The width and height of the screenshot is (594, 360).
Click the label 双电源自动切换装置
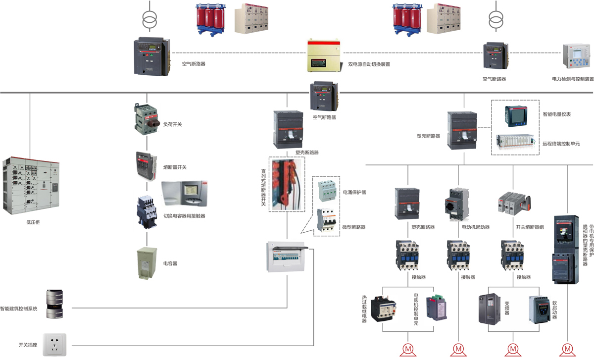pos(369,64)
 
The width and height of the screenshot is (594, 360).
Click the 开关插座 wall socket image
pos(54,344)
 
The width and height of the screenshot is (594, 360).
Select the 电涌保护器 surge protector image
pos(326,191)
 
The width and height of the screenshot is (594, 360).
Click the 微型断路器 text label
pos(354,227)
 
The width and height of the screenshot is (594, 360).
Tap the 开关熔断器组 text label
pos(530,227)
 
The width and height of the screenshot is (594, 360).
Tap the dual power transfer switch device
pos(324,56)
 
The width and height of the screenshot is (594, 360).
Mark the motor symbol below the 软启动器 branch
pos(513,349)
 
